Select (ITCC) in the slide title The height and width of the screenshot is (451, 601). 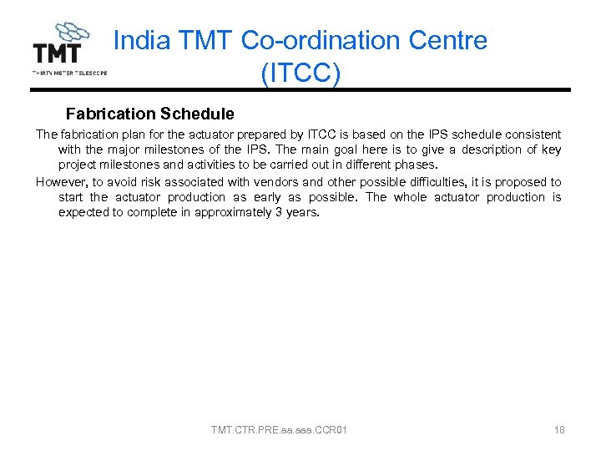tap(300, 73)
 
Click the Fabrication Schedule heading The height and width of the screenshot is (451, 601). tap(149, 114)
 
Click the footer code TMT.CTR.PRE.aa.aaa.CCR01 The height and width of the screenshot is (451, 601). tap(279, 430)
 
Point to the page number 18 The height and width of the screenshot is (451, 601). tap(559, 430)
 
